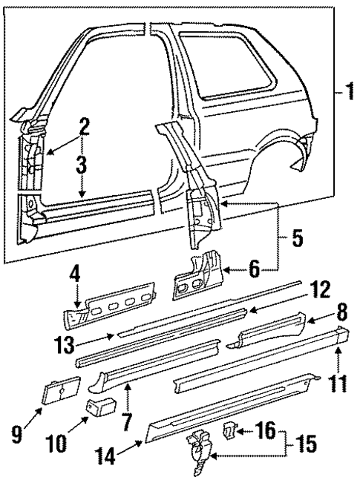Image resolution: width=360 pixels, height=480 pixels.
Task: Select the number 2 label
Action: tap(85, 127)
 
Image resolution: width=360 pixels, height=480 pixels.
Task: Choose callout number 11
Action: tap(340, 364)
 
